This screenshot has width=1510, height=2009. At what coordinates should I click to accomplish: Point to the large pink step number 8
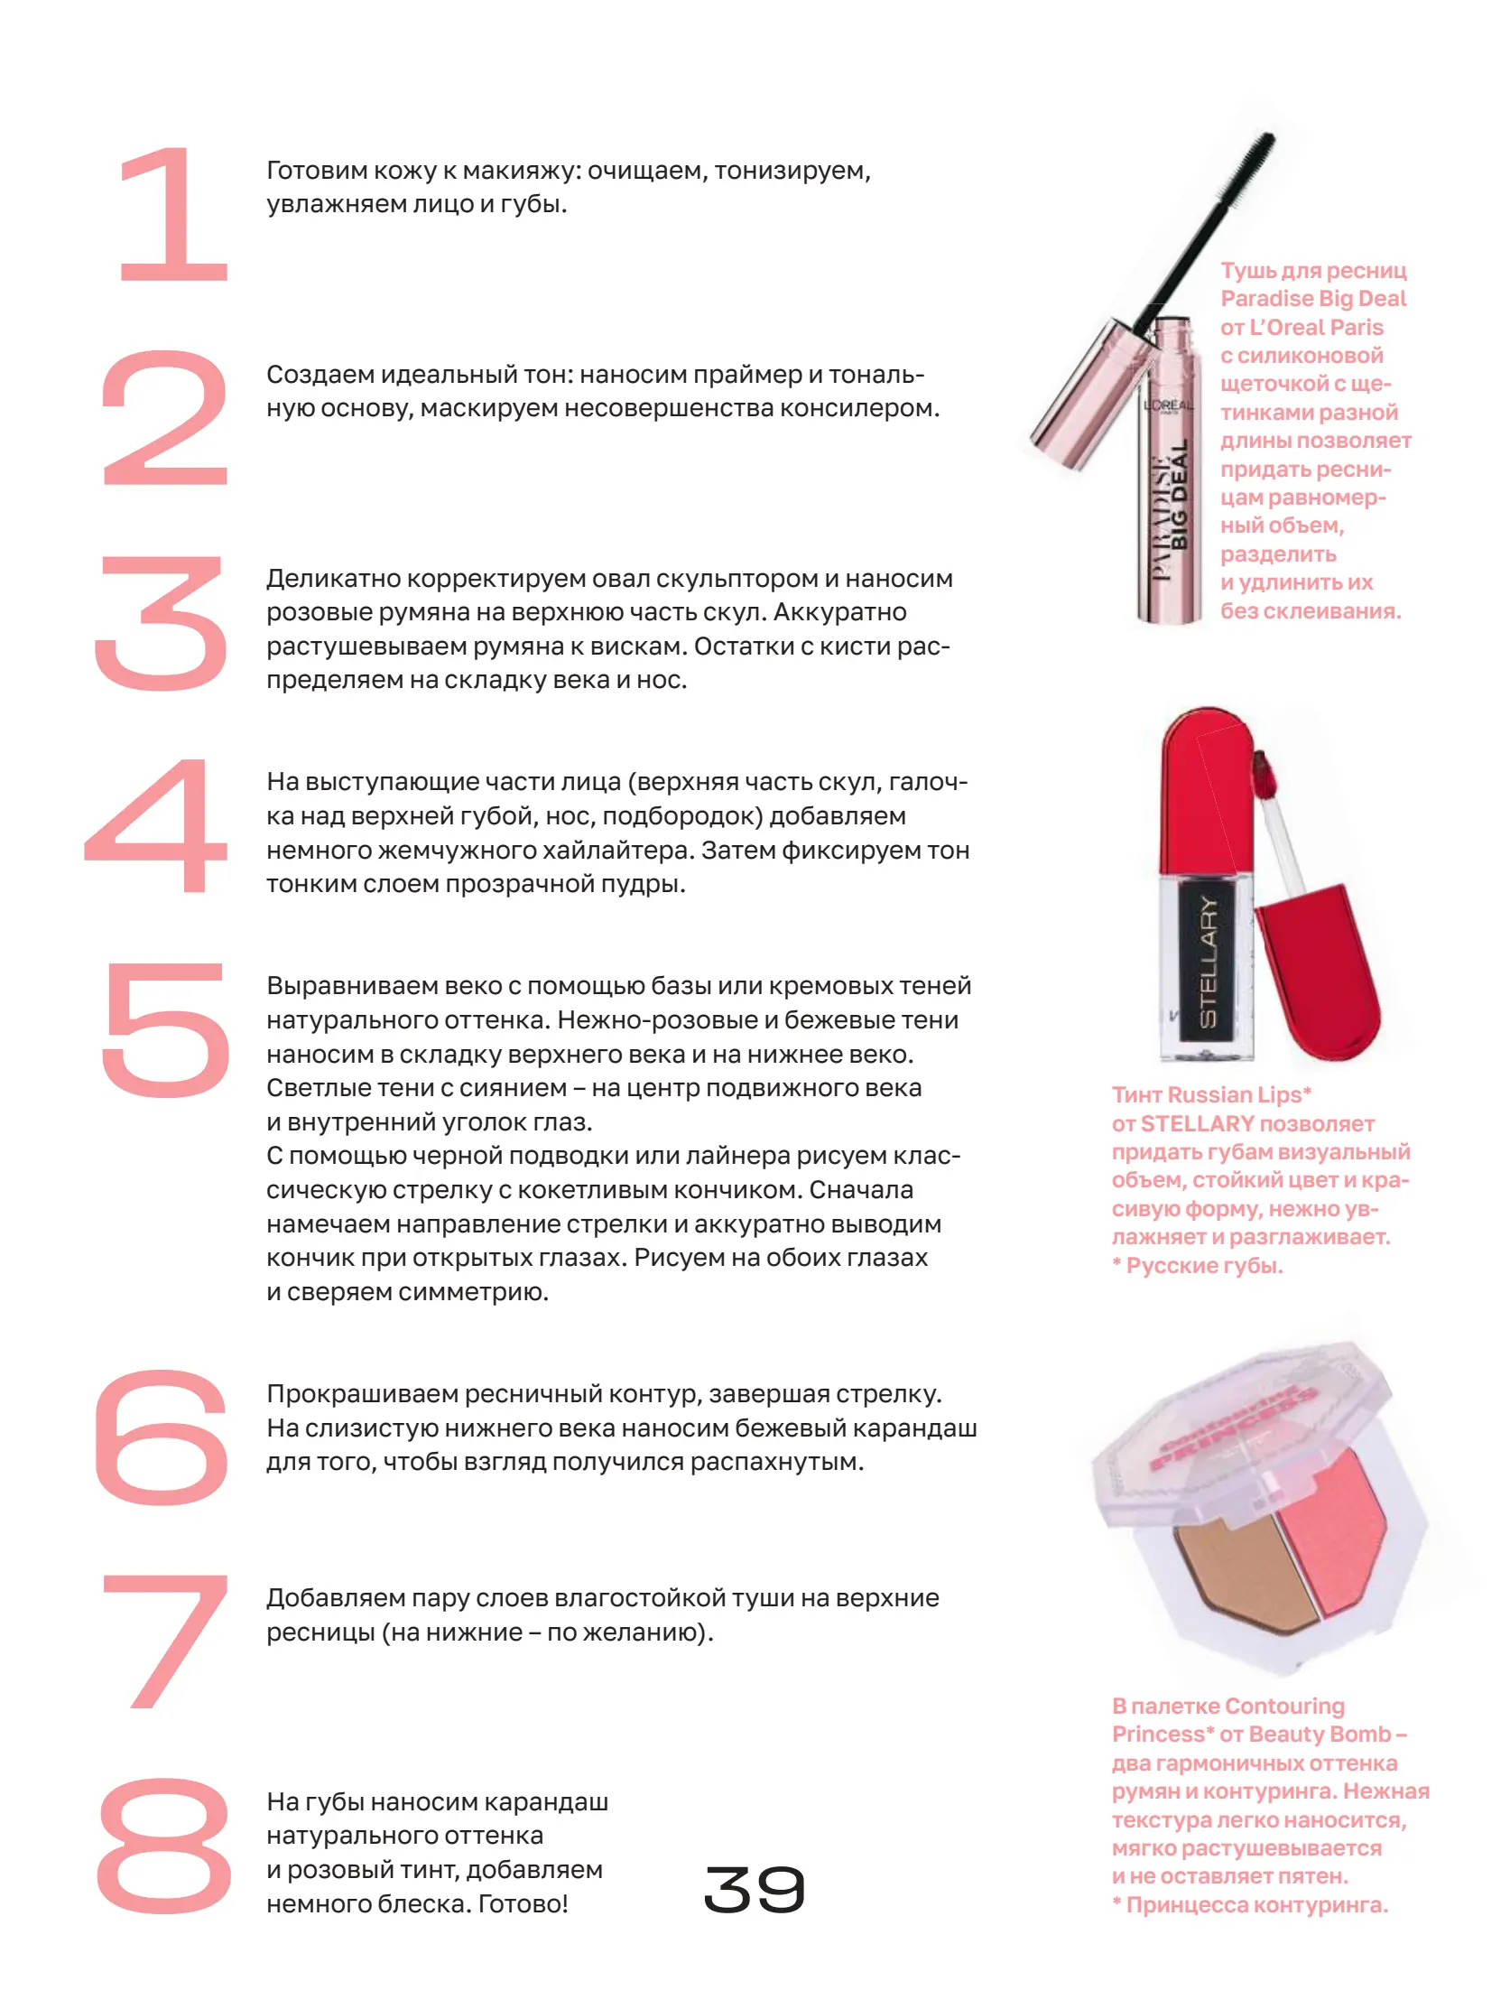coord(164,1845)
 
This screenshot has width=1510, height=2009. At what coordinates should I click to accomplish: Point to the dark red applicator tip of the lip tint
coord(1262,773)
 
